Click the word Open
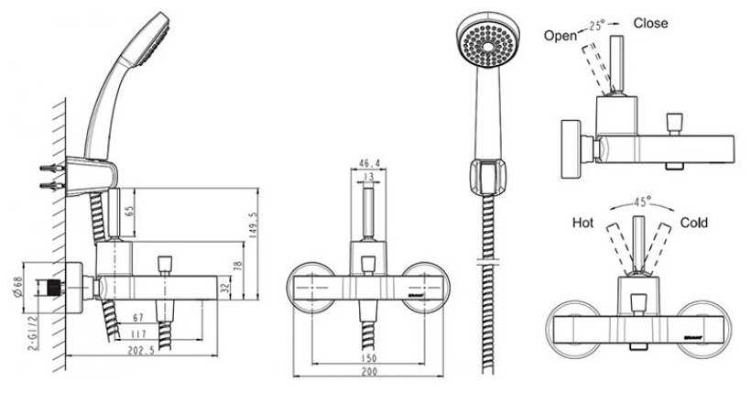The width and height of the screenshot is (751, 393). [561, 36]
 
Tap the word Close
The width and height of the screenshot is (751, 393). [650, 23]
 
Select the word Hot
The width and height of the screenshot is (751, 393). [583, 223]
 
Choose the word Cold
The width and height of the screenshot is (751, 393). [694, 223]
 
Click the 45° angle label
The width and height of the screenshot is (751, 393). [641, 202]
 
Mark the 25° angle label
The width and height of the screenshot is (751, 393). [596, 26]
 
